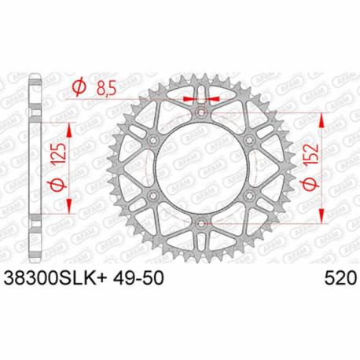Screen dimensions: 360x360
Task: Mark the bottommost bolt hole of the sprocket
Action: pyautogui.click(x=203, y=225)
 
